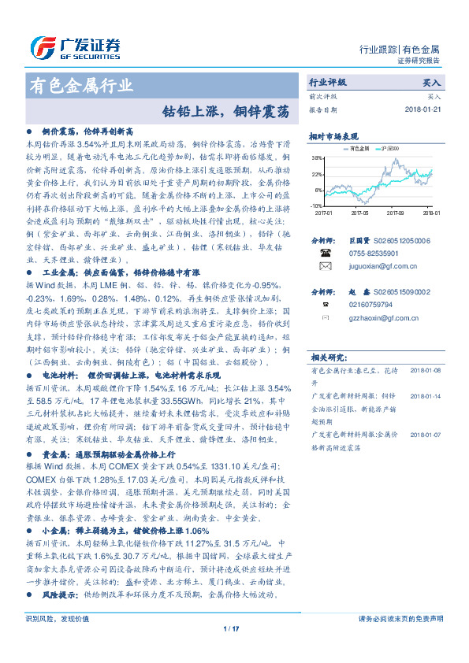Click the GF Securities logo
(76, 47)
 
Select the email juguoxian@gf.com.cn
(379, 268)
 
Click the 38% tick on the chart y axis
(317, 160)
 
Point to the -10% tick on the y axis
(317, 205)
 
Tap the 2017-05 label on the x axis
(359, 212)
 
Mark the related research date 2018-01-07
(426, 434)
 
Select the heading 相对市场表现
(334, 135)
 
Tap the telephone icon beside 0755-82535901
(324, 254)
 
